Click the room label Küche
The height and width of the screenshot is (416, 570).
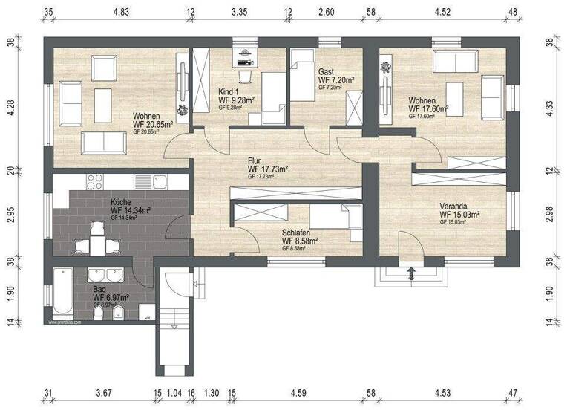pos(121,202)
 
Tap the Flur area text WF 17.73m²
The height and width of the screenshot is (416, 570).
pos(268,169)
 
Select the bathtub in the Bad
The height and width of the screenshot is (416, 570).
pos(61,294)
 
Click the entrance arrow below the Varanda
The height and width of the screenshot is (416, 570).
pos(412,274)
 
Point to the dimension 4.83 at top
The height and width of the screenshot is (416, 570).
pos(120,12)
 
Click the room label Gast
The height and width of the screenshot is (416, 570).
pos(327,71)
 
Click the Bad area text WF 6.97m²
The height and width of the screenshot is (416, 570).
pos(111,297)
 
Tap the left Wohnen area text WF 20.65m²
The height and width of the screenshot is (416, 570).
pos(153,125)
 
